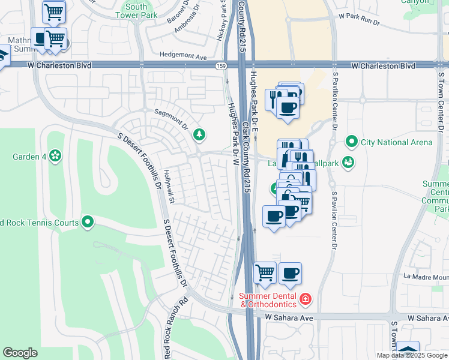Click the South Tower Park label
[136, 11]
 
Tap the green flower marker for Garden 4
[55, 157]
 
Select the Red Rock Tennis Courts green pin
[88, 223]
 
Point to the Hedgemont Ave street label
[183, 56]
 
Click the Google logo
[20, 353]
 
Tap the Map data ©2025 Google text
[412, 355]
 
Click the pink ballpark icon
[348, 163]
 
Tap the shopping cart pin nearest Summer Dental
[265, 272]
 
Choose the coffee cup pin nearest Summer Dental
[290, 273]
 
